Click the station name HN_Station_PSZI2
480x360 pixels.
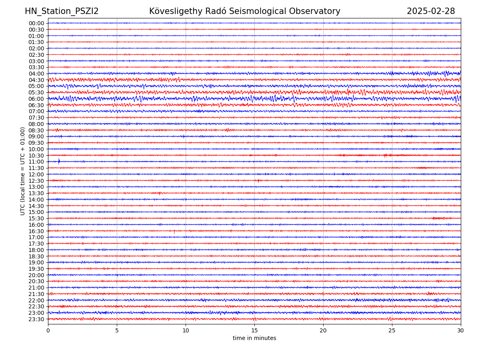click(62, 11)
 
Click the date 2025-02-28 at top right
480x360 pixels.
click(431, 11)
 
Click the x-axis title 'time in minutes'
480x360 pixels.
click(254, 338)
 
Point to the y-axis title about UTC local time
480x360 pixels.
click(23, 171)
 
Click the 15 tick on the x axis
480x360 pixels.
click(254, 331)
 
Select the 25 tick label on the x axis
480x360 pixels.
click(392, 331)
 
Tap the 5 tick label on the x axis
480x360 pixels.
click(117, 331)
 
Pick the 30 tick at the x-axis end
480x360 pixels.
click(461, 331)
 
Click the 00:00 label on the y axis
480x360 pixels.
click(36, 23)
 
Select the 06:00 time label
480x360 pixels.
click(36, 99)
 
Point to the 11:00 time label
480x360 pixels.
click(36, 162)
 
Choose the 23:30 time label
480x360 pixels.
click(36, 319)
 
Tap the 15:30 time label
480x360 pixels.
click(36, 218)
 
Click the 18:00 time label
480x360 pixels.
click(36, 250)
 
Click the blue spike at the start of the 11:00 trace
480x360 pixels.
click(59, 161)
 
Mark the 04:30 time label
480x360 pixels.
click(36, 80)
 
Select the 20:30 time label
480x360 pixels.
click(36, 281)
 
